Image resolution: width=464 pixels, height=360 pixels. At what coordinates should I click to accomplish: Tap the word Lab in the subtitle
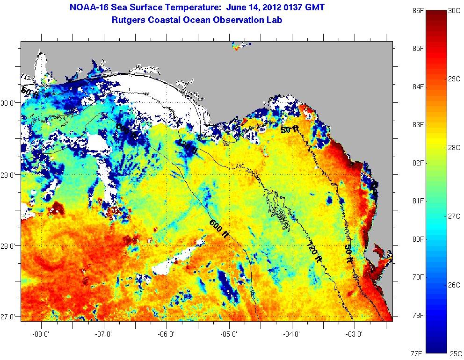(x=275, y=20)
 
